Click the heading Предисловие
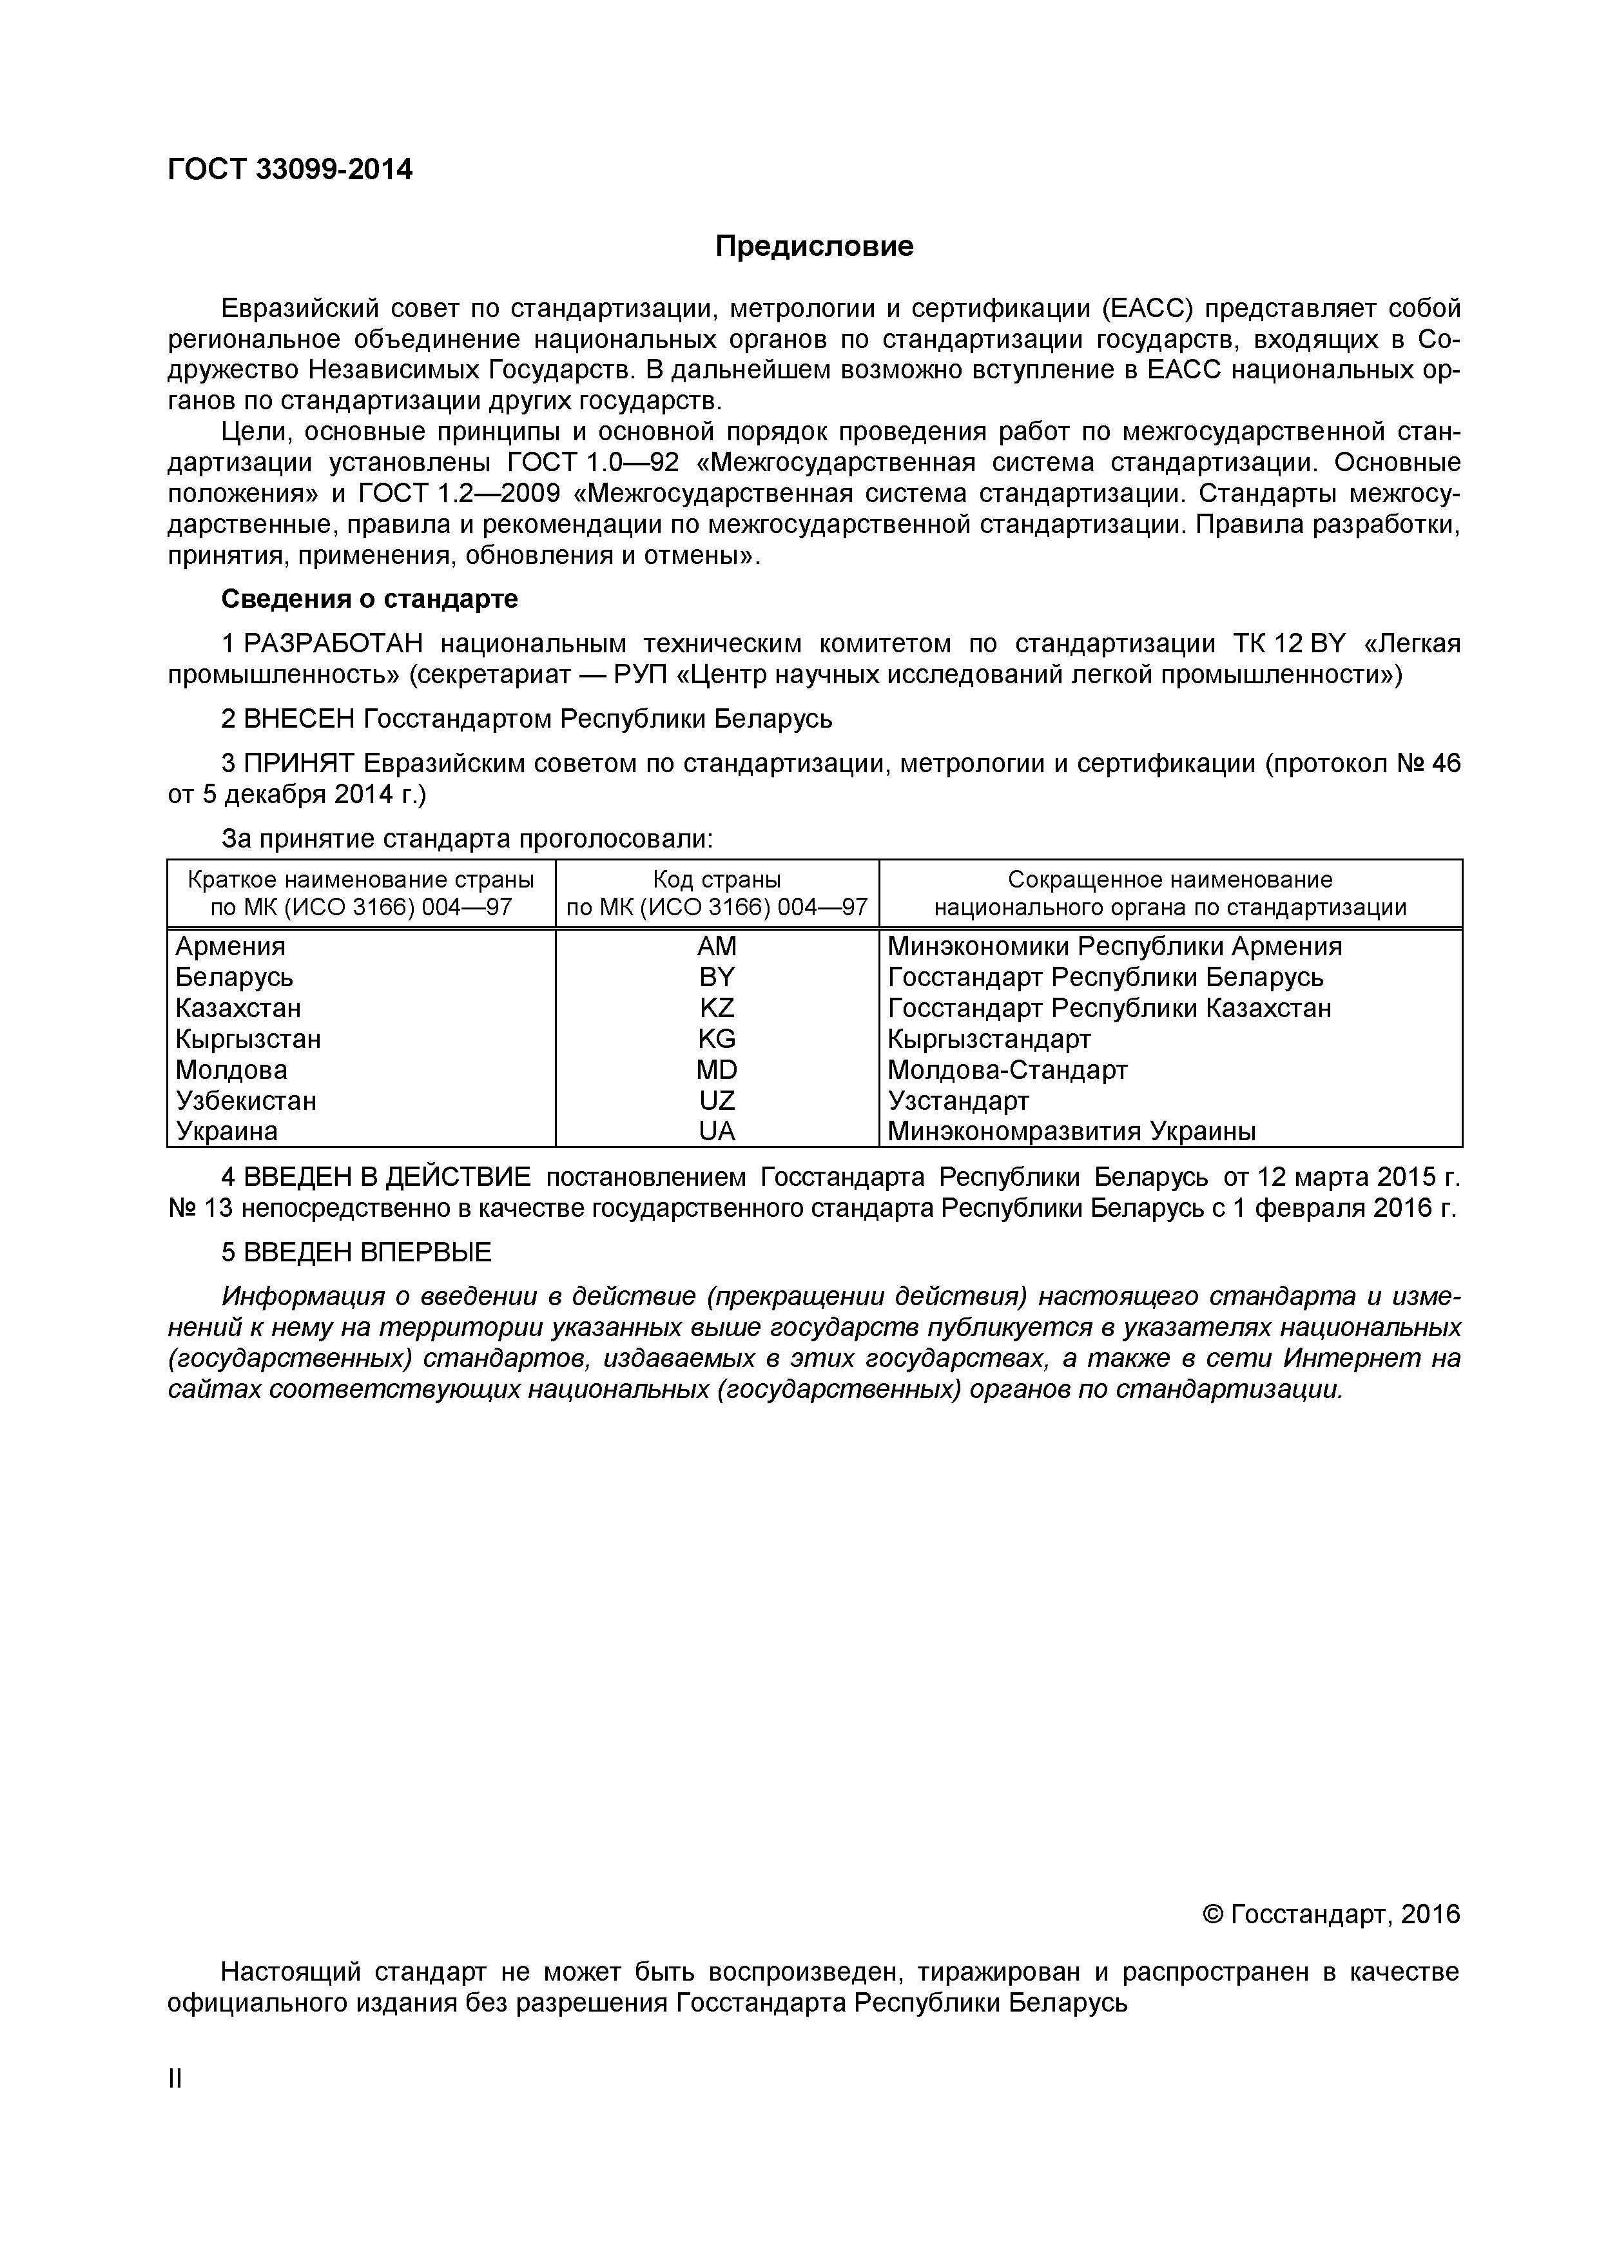813,246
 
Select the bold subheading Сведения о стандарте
369,599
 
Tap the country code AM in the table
716,946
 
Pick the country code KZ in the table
716,1009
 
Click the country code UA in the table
716,1132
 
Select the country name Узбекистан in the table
246,1100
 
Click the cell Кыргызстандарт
989,1039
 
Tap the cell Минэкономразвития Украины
1071,1132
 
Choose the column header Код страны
716,879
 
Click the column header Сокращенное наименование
1170,879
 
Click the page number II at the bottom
175,2079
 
